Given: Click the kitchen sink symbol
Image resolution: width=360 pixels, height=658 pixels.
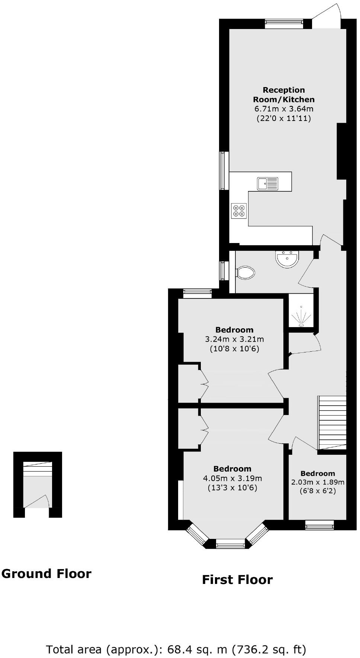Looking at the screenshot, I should (x=267, y=183).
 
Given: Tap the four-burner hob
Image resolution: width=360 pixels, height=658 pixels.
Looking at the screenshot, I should (x=238, y=211).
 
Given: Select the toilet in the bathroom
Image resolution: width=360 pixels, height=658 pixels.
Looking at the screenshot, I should (x=245, y=273).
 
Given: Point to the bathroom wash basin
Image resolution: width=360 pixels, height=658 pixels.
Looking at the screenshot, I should (x=287, y=259).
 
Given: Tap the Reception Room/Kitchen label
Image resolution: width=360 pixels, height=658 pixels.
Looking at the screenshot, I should (x=284, y=95).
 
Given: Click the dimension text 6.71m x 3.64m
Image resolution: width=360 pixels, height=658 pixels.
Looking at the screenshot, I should (x=284, y=109).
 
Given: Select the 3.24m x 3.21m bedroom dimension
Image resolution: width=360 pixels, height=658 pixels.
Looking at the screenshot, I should (x=234, y=339).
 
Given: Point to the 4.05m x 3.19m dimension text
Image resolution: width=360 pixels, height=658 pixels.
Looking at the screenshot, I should (x=232, y=478).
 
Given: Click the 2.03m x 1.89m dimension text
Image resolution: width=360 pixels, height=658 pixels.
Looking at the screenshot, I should (x=318, y=482).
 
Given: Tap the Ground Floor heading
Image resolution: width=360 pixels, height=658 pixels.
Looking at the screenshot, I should (x=46, y=574).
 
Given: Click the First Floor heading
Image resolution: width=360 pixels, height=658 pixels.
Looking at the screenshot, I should (x=237, y=579).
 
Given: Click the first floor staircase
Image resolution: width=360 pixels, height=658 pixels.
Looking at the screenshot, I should (x=332, y=423).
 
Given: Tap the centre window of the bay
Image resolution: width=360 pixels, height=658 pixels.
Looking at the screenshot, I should (x=231, y=546).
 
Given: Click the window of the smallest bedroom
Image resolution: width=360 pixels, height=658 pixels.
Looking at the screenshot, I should (x=319, y=525).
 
